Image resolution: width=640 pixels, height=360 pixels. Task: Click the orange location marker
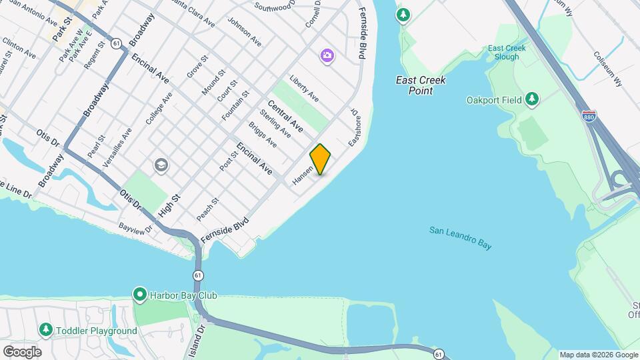pyautogui.click(x=321, y=159)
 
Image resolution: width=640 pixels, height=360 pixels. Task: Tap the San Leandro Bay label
pyautogui.click(x=460, y=238)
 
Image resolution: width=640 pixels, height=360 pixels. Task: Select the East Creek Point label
pyautogui.click(x=421, y=85)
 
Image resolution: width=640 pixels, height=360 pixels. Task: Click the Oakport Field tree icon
pyautogui.click(x=531, y=100)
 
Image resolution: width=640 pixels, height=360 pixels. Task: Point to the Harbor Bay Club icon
pyautogui.click(x=139, y=294)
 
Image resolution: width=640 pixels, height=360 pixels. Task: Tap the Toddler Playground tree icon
pyautogui.click(x=45, y=330)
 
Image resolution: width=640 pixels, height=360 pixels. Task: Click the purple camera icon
pyautogui.click(x=327, y=55)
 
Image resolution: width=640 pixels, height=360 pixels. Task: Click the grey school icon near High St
pyautogui.click(x=161, y=164)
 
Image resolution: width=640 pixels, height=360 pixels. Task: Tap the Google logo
pyautogui.click(x=22, y=351)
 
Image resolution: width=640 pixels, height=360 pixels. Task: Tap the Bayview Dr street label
pyautogui.click(x=136, y=229)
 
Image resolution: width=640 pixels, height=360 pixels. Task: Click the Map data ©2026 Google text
pyautogui.click(x=597, y=355)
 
